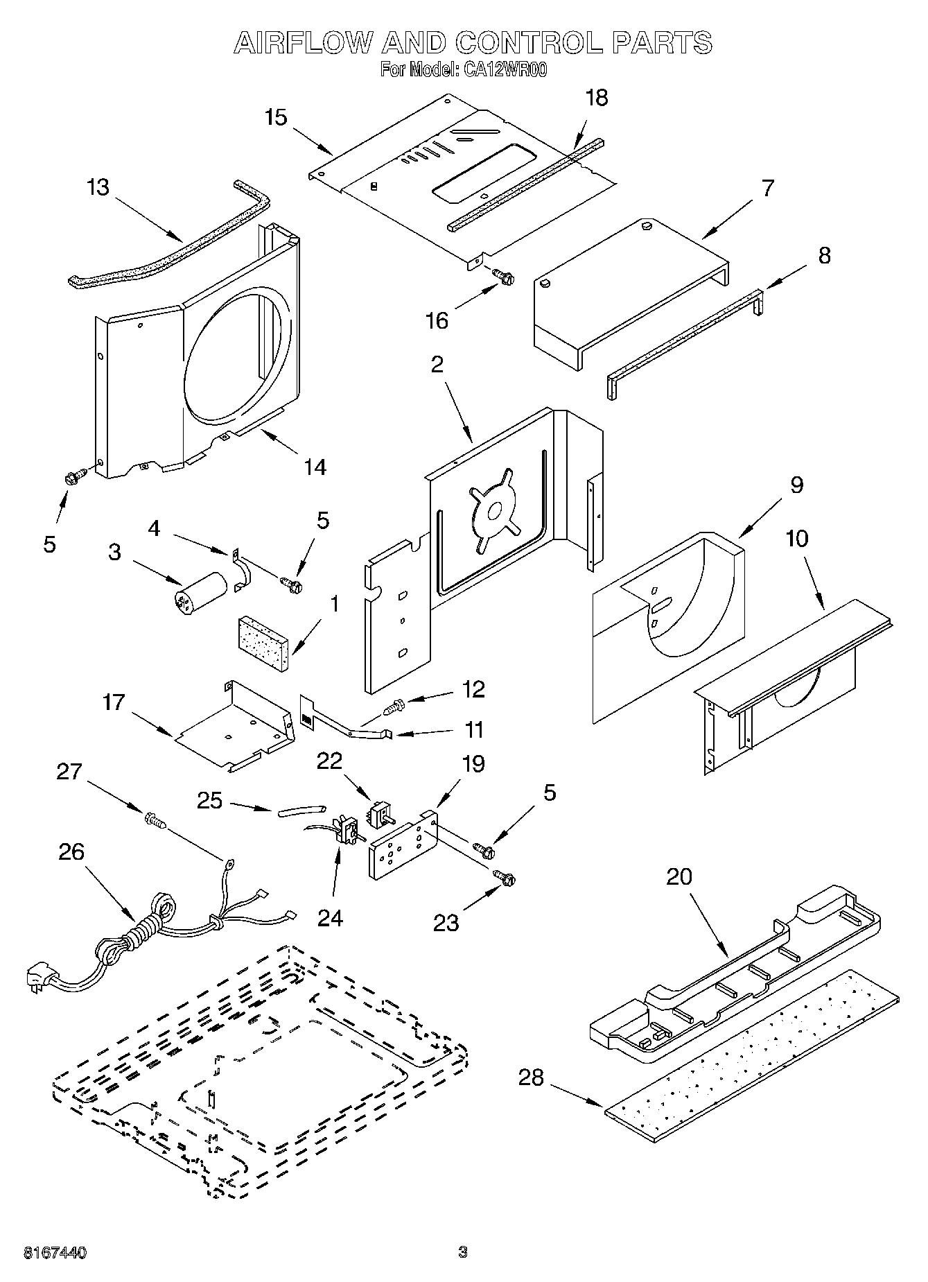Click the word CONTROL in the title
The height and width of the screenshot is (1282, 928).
(528, 43)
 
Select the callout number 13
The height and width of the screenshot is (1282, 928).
(98, 187)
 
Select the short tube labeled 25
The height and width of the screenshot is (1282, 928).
(301, 810)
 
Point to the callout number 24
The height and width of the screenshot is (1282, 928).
(330, 917)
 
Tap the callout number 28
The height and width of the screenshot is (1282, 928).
(532, 1077)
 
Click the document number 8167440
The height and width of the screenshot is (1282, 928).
(55, 1252)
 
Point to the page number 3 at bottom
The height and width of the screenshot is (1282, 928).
(462, 1252)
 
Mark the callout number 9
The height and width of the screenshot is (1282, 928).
(796, 485)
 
